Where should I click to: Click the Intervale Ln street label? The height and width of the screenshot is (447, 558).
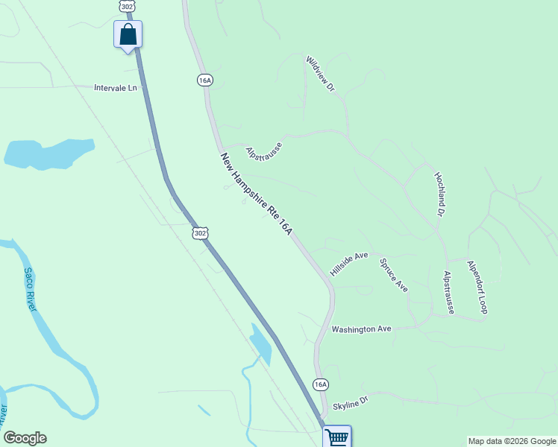tap(116, 88)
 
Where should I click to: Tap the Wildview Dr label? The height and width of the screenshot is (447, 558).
tap(321, 74)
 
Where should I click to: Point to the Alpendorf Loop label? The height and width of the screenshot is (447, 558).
tap(477, 287)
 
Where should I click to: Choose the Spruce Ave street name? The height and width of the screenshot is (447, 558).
tap(393, 275)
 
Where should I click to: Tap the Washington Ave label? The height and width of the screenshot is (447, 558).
tap(361, 329)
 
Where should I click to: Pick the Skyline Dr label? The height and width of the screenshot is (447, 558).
tap(351, 403)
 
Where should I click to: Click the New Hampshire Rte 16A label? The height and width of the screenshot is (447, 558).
tap(255, 195)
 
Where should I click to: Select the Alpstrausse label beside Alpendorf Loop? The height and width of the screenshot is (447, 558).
tap(449, 291)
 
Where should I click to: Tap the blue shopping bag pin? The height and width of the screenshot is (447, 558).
tap(128, 34)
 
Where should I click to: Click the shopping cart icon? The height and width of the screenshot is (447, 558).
tap(337, 437)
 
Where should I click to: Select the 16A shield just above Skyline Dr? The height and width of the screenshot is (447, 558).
tap(320, 384)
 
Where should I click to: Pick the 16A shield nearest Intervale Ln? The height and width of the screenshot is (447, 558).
tap(205, 80)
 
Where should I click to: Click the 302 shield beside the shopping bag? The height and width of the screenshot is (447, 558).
tap(126, 6)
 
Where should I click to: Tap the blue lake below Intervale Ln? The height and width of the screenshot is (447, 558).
tap(48, 153)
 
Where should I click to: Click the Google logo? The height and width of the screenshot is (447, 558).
tap(25, 438)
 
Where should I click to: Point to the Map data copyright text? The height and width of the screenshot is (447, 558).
tap(512, 441)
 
